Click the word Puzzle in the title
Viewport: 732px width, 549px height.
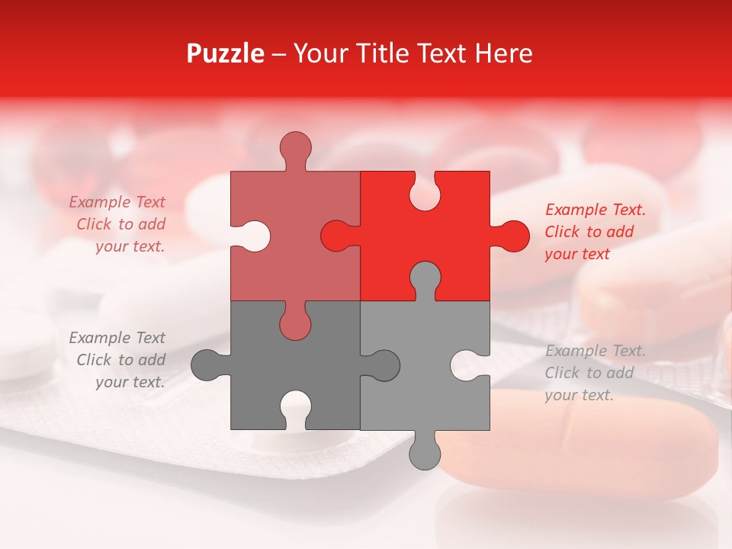pos(226,53)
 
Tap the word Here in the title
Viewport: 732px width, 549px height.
pos(503,53)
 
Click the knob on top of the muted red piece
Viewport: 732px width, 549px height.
pos(295,149)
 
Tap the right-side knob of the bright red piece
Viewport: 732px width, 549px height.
pos(512,236)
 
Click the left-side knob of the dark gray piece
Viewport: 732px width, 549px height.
pos(206,365)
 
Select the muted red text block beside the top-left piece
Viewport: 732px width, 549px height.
pos(119,224)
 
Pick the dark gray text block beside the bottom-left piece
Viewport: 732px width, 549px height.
pos(119,360)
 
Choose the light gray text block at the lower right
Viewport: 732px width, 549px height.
pos(594,373)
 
